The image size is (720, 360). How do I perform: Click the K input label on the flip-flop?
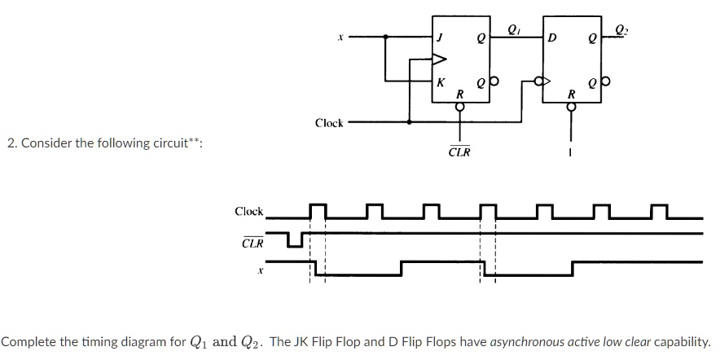pyautogui.click(x=441, y=81)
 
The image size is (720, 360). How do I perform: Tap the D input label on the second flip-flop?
pyautogui.click(x=553, y=37)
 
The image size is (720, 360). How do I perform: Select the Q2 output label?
pyautogui.click(x=622, y=31)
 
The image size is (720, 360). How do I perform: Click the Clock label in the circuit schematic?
pyautogui.click(x=330, y=123)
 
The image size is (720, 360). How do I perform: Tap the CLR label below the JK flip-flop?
pyautogui.click(x=459, y=151)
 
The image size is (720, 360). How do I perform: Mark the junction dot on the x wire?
pyautogui.click(x=386, y=37)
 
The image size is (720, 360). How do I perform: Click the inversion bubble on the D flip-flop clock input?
pyautogui.click(x=537, y=81)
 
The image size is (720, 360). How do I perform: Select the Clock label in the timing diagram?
pyautogui.click(x=249, y=212)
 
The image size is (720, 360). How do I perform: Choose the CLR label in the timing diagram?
pyautogui.click(x=252, y=243)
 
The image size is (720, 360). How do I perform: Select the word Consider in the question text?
pyautogui.click(x=47, y=143)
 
